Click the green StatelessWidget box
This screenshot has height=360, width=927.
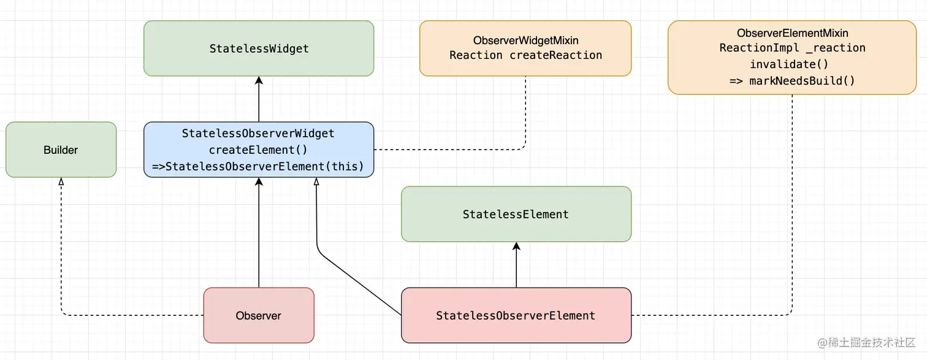pyautogui.click(x=259, y=48)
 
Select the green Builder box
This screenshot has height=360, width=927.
pyautogui.click(x=61, y=150)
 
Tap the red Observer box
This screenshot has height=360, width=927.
pyautogui.click(x=258, y=315)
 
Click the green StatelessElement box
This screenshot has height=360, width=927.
pyautogui.click(x=516, y=214)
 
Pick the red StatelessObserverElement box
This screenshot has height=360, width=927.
pyautogui.click(x=516, y=315)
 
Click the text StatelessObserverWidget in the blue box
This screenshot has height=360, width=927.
pyautogui.click(x=258, y=133)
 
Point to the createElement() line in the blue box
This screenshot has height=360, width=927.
pyautogui.click(x=258, y=150)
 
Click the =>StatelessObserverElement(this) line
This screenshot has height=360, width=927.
pyautogui.click(x=258, y=166)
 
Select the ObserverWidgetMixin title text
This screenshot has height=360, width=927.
pyautogui.click(x=525, y=40)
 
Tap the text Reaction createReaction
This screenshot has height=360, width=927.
pyautogui.click(x=525, y=55)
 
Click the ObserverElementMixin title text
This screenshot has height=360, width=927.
pyautogui.click(x=792, y=33)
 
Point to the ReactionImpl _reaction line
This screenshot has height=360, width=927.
pyautogui.click(x=792, y=48)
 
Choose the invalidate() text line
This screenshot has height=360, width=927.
pyautogui.click(x=792, y=64)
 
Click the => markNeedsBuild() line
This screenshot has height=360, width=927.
pyautogui.click(x=792, y=80)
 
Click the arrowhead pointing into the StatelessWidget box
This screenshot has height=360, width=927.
pyautogui.click(x=259, y=80)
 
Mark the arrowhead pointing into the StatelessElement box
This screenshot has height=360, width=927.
pyautogui.click(x=516, y=246)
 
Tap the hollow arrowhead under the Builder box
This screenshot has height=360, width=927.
pyautogui.click(x=61, y=182)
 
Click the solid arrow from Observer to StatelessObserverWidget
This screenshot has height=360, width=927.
pyautogui.click(x=259, y=233)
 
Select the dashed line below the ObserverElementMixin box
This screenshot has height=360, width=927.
pyautogui.click(x=792, y=202)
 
